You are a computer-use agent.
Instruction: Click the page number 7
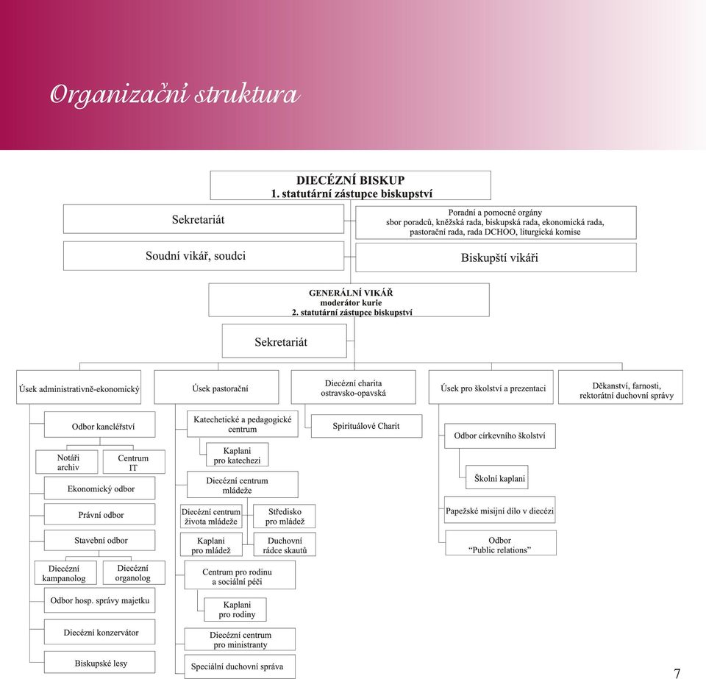677,672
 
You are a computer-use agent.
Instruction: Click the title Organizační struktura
175,95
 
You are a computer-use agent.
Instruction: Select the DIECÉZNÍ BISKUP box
350,185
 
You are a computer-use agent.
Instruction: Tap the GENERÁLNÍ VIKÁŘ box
349,300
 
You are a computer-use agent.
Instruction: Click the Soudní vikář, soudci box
204,256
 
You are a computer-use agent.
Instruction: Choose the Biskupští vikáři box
496,257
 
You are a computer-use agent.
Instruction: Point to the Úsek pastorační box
216,387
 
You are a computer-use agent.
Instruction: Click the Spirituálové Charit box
366,426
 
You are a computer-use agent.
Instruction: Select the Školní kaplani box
496,477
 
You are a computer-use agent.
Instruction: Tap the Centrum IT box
134,462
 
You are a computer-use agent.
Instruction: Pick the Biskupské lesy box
99,663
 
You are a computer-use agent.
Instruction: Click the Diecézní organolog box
134,573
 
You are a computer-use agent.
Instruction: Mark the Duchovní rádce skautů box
285,544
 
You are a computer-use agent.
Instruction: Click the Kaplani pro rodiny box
235,610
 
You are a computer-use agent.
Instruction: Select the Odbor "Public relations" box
501,543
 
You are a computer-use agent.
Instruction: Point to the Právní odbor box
99,514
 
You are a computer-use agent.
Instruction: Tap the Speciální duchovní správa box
240,666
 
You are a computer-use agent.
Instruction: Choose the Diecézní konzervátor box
99,632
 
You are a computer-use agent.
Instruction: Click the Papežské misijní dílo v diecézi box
500,510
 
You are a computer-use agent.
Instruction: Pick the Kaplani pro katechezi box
238,455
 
